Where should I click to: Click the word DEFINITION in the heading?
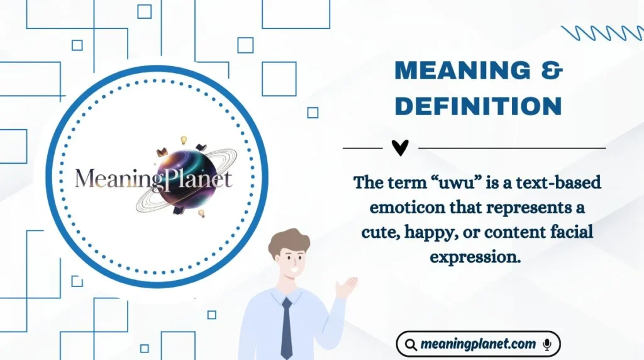pos(478,106)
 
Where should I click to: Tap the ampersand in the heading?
pos(552,71)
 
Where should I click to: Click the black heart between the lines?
pos(400,147)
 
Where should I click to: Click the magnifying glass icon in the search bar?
pos(411,345)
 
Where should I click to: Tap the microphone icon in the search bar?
pos(547,344)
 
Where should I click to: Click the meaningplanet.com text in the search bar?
pos(479,344)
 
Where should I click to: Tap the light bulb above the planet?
pos(185,140)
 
